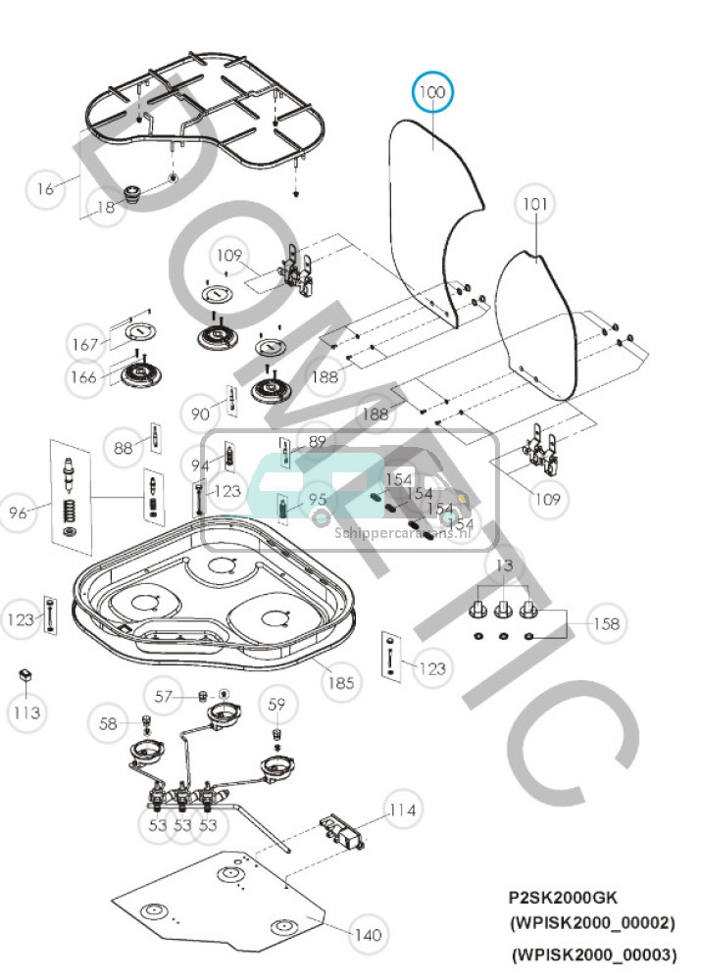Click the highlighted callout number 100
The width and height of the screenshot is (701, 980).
click(432, 94)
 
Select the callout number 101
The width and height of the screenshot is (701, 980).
click(534, 205)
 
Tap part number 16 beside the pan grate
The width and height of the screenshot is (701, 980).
click(45, 188)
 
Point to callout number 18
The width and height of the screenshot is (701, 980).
click(105, 207)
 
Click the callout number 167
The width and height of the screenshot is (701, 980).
click(84, 344)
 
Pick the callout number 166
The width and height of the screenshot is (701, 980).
click(82, 377)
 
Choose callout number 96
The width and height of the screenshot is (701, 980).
click(19, 513)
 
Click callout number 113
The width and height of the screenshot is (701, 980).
click(26, 712)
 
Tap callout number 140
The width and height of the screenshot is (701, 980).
click(367, 935)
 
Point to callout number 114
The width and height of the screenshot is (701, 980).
click(402, 809)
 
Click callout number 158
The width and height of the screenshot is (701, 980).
click(607, 623)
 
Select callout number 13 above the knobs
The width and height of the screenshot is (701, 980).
click(503, 566)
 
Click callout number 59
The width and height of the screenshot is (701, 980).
click(277, 703)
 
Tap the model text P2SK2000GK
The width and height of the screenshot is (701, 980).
click(561, 897)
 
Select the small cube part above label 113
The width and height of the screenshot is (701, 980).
click(25, 676)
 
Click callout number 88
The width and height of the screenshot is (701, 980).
click(123, 448)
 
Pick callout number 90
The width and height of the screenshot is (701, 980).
click(201, 414)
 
